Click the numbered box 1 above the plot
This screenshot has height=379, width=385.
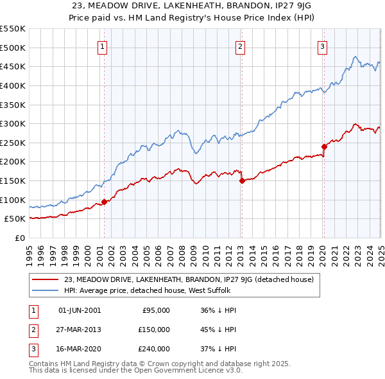click(x=103, y=46)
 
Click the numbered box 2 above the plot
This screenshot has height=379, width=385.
click(x=240, y=46)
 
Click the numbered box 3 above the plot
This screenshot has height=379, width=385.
click(x=322, y=46)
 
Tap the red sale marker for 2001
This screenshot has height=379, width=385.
click(x=104, y=202)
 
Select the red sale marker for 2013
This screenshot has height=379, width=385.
click(x=242, y=181)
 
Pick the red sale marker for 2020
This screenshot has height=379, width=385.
click(x=324, y=146)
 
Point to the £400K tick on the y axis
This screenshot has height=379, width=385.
click(x=13, y=85)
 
